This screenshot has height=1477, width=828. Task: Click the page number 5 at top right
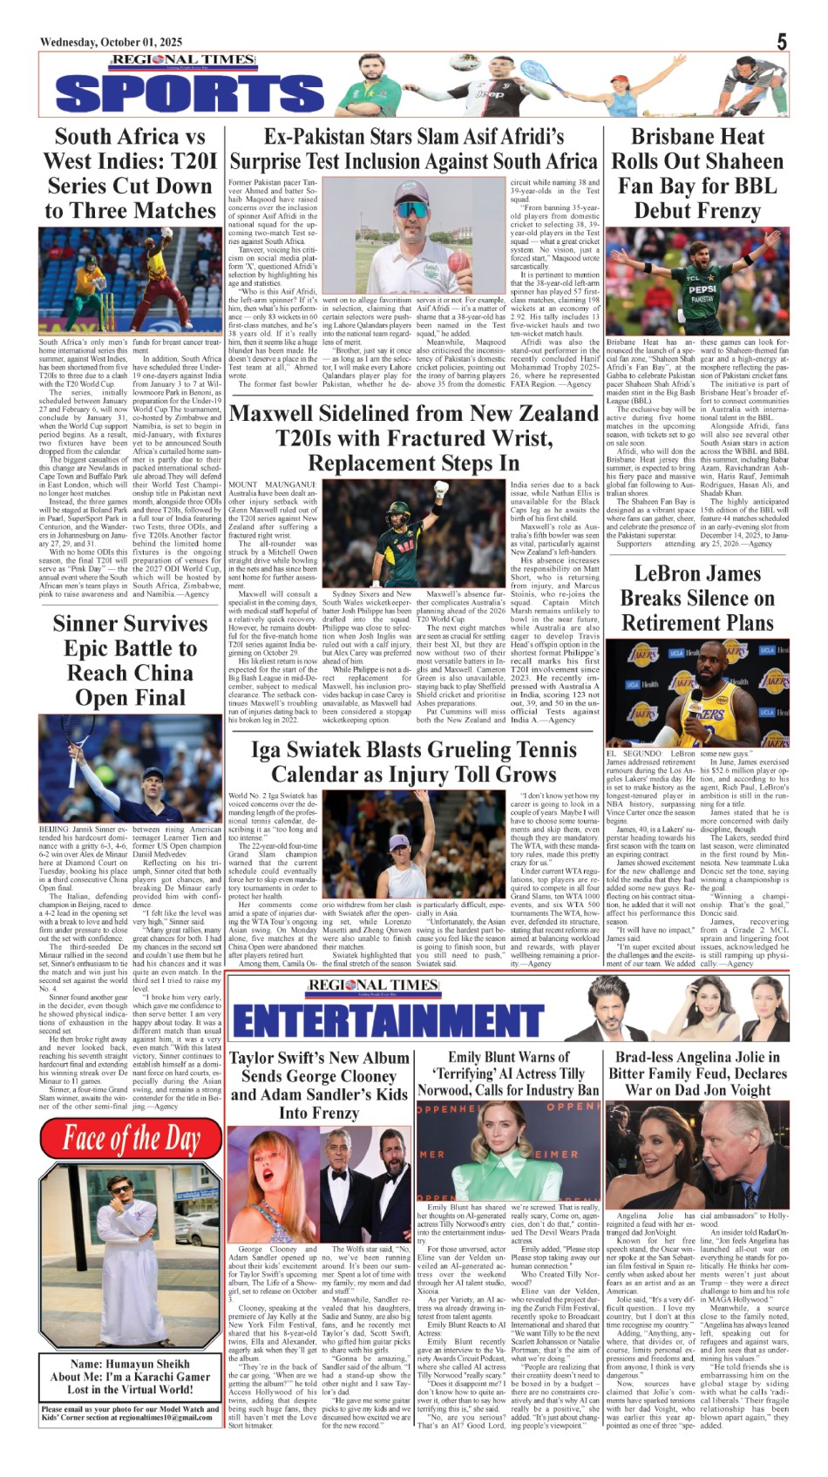(782, 42)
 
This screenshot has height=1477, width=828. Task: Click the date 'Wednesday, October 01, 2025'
(111, 42)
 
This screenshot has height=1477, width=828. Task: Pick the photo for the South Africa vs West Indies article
(130, 282)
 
